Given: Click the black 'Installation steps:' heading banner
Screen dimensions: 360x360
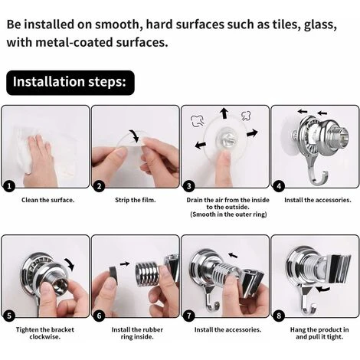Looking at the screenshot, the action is click(70, 83).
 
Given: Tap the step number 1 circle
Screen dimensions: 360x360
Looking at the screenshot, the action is click(9, 186).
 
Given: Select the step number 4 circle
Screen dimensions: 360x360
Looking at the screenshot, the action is click(279, 186).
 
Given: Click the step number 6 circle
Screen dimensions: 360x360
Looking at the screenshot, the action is click(99, 316).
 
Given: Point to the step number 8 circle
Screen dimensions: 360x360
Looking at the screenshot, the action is click(279, 316).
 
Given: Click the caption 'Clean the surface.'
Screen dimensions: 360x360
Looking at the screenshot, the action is click(48, 200).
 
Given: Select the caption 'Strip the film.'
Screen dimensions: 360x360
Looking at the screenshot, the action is click(136, 200).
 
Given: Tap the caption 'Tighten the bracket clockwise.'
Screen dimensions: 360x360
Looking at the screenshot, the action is click(45, 333).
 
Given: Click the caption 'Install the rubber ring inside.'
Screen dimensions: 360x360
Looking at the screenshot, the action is click(137, 333).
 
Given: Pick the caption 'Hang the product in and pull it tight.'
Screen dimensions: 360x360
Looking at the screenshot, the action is click(319, 333).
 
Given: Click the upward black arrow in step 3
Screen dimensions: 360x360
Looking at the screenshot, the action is click(224, 113).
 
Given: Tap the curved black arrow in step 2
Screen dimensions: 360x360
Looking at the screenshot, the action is click(135, 136).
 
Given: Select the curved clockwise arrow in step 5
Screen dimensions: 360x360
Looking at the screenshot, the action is click(70, 263).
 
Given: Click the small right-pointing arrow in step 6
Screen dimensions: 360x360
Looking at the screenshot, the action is click(125, 263).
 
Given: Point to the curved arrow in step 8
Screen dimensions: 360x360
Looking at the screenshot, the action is click(322, 289).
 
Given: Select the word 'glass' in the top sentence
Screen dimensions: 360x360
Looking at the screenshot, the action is click(319, 25).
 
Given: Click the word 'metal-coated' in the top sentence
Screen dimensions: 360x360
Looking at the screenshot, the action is click(74, 42).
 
